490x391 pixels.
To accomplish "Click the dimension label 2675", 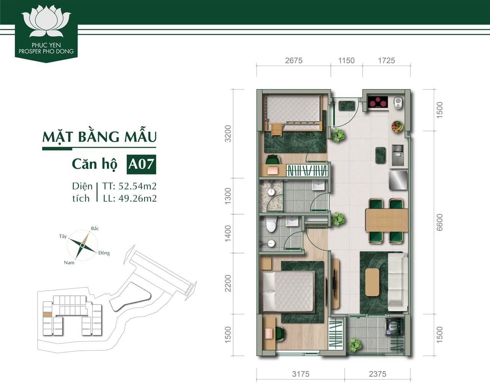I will pos(294,61).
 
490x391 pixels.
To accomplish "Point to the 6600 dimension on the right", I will pos(439,222).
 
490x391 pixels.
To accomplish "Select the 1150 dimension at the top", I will pos(346,61).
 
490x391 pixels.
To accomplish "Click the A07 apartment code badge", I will pos(141,164).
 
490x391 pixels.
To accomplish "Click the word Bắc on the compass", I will pos(95,228).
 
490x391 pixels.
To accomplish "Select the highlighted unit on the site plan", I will pos(47,315).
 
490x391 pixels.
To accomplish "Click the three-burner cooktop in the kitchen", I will pos(378,102).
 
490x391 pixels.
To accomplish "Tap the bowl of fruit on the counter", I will pos(397,127).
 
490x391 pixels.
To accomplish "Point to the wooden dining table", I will pos(386,220).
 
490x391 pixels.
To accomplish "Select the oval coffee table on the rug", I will pos(372,282).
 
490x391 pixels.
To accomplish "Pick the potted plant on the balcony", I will pos(355,344).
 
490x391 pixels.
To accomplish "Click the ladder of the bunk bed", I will pos(276,129).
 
